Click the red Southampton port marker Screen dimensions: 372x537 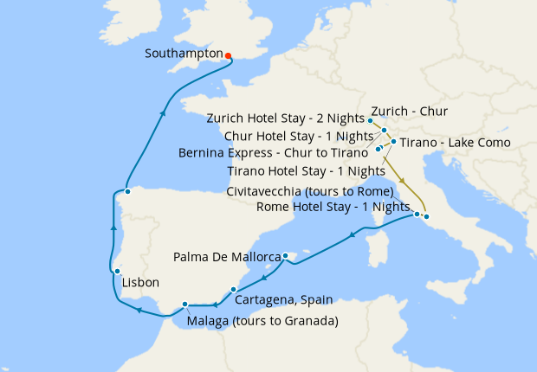228,56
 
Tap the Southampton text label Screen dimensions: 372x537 184,52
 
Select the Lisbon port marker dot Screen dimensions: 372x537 116,272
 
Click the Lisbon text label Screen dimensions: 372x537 140,283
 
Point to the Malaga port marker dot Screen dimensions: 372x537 185,304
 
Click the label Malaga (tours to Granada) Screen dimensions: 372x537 262,321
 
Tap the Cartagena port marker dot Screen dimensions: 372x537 234,289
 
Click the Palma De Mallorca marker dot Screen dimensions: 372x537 285,255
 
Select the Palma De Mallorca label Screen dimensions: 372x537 227,257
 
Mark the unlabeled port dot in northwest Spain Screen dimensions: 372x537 127,191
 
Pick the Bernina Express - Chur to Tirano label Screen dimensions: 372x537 274,152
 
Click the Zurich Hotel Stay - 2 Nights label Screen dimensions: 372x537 286,118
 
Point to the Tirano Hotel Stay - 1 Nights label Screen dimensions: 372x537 306,171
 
